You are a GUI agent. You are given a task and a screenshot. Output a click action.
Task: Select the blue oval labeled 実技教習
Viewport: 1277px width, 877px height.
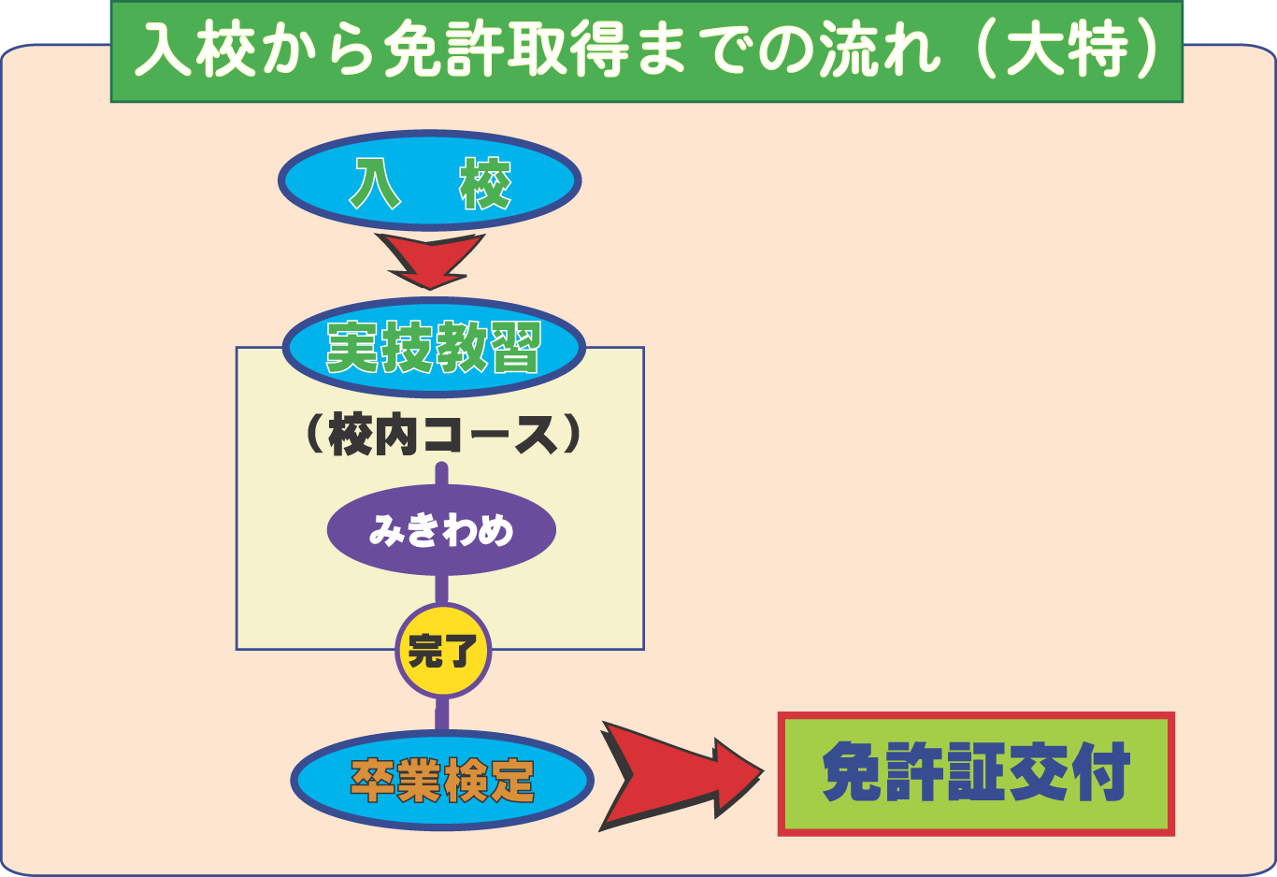pos(434,347)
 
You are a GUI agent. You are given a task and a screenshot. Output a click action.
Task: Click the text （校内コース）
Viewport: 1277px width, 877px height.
pos(442,436)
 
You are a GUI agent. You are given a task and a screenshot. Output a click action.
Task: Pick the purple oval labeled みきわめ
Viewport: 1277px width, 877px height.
pos(441,530)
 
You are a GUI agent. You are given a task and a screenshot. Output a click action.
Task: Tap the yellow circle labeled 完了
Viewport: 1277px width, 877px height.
pos(443,651)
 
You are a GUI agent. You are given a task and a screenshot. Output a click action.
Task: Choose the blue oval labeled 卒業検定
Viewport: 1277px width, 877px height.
pos(442,780)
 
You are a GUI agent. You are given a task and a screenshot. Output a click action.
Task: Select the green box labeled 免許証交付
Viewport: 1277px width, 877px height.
pos(976,774)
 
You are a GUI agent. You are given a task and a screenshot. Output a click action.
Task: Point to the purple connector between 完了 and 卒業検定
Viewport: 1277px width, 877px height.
pos(442,714)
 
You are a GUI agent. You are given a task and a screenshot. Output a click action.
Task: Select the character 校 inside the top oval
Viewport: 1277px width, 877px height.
pos(485,182)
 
